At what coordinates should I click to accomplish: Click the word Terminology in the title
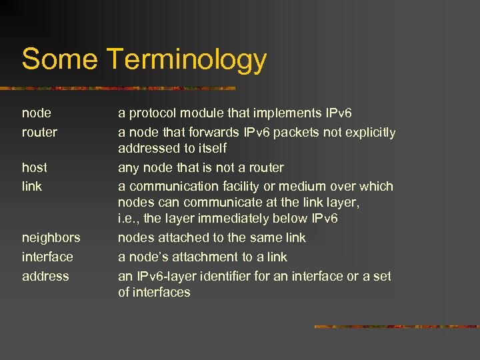click(x=186, y=60)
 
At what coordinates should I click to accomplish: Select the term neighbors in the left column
click(x=51, y=237)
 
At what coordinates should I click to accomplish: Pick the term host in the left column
click(x=34, y=167)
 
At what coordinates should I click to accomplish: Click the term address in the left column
click(x=45, y=276)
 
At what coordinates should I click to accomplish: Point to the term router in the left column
click(x=39, y=133)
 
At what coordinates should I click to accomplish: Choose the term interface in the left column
click(x=47, y=257)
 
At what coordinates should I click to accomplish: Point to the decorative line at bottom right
click(x=396, y=327)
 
